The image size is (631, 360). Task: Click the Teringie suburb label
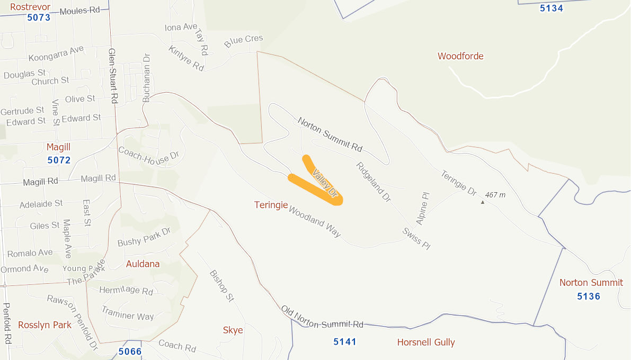click(x=271, y=204)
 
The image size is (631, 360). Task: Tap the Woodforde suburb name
click(x=460, y=56)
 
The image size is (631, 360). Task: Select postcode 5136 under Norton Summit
click(x=589, y=296)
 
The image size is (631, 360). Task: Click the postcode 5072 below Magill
click(x=59, y=160)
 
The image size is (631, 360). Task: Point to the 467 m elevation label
click(x=495, y=195)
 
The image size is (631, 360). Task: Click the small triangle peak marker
click(x=483, y=202)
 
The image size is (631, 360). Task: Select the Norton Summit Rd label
click(x=330, y=134)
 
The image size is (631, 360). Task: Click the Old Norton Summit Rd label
click(x=322, y=317)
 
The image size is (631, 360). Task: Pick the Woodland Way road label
click(x=315, y=221)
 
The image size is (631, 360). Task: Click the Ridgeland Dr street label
click(x=374, y=182)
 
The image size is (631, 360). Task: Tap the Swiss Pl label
click(x=416, y=238)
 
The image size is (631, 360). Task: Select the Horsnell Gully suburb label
click(x=426, y=342)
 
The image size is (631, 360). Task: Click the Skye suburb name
click(x=233, y=330)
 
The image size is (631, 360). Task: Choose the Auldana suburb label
click(x=143, y=264)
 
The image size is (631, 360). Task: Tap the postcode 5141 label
click(x=345, y=341)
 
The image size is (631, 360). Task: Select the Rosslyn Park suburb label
click(x=45, y=325)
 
